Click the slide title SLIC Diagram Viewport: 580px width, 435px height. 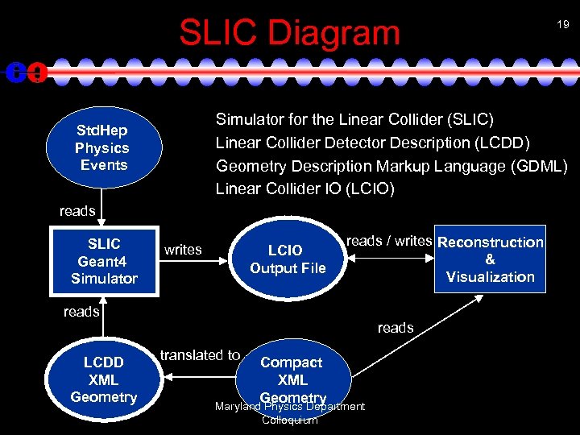(x=289, y=32)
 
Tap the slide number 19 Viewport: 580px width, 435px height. (x=561, y=25)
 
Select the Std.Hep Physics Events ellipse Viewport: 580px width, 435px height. (x=103, y=147)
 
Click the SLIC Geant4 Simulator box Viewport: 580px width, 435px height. (x=103, y=261)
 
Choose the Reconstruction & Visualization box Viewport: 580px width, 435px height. (x=490, y=259)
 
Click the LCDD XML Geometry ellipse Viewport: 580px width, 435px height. (x=103, y=379)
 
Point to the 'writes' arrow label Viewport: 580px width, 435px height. (x=183, y=250)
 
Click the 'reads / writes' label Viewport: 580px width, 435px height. (x=389, y=240)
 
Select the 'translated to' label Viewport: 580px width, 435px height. (x=200, y=355)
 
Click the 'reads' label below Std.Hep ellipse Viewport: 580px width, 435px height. (x=77, y=211)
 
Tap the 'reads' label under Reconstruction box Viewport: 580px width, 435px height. (x=395, y=328)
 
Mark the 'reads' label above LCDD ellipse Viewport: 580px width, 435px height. (x=81, y=312)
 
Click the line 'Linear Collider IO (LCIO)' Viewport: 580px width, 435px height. (x=304, y=188)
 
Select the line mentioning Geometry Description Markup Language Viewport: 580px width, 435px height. (x=391, y=166)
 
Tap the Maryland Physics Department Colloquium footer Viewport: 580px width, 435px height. (x=289, y=412)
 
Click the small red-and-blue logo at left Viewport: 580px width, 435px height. (x=25, y=72)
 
